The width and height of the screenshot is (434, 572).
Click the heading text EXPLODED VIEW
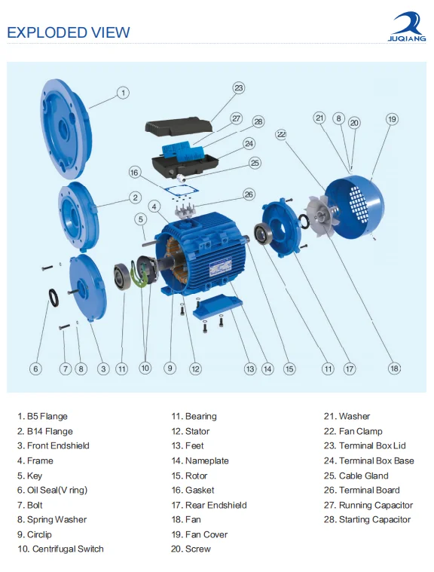coord(69,32)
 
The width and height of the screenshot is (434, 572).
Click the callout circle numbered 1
coord(124,93)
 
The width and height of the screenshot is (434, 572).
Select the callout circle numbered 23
coord(239,88)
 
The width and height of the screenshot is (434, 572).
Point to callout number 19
coord(392,119)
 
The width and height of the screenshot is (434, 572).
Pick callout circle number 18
coord(393,369)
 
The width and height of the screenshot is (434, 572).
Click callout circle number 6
coord(35,369)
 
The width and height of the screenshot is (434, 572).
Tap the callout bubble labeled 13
coord(250,369)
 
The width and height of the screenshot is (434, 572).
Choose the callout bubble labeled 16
coord(135,173)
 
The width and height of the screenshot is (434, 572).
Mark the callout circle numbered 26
coord(249,194)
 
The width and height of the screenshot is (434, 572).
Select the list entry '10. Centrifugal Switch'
coord(61,549)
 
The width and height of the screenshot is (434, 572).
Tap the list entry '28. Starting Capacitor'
coord(368,519)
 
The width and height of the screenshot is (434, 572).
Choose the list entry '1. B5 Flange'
coord(43,416)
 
